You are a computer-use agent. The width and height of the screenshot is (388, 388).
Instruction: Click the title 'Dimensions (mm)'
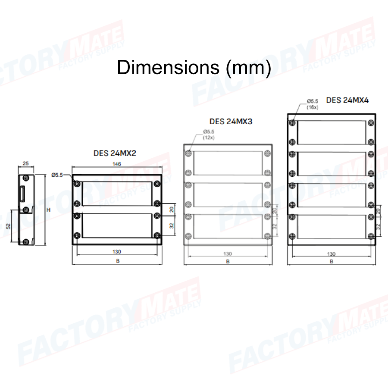(194, 68)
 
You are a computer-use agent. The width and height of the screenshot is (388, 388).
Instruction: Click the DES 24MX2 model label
(115, 153)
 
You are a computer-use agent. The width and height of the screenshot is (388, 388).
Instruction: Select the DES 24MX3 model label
(231, 122)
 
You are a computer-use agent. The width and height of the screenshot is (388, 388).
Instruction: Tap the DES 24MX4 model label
(347, 100)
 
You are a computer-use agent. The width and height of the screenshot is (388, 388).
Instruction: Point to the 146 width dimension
(116, 164)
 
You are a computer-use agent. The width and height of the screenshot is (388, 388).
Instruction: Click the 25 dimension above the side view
(26, 163)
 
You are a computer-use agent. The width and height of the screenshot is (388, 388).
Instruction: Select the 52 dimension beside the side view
(8, 226)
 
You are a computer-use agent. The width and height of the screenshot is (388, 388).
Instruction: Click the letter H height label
(48, 210)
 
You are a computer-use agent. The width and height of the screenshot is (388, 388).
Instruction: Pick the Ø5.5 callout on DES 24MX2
(57, 175)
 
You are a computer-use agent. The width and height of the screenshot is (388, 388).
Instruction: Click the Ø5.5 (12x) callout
(209, 135)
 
